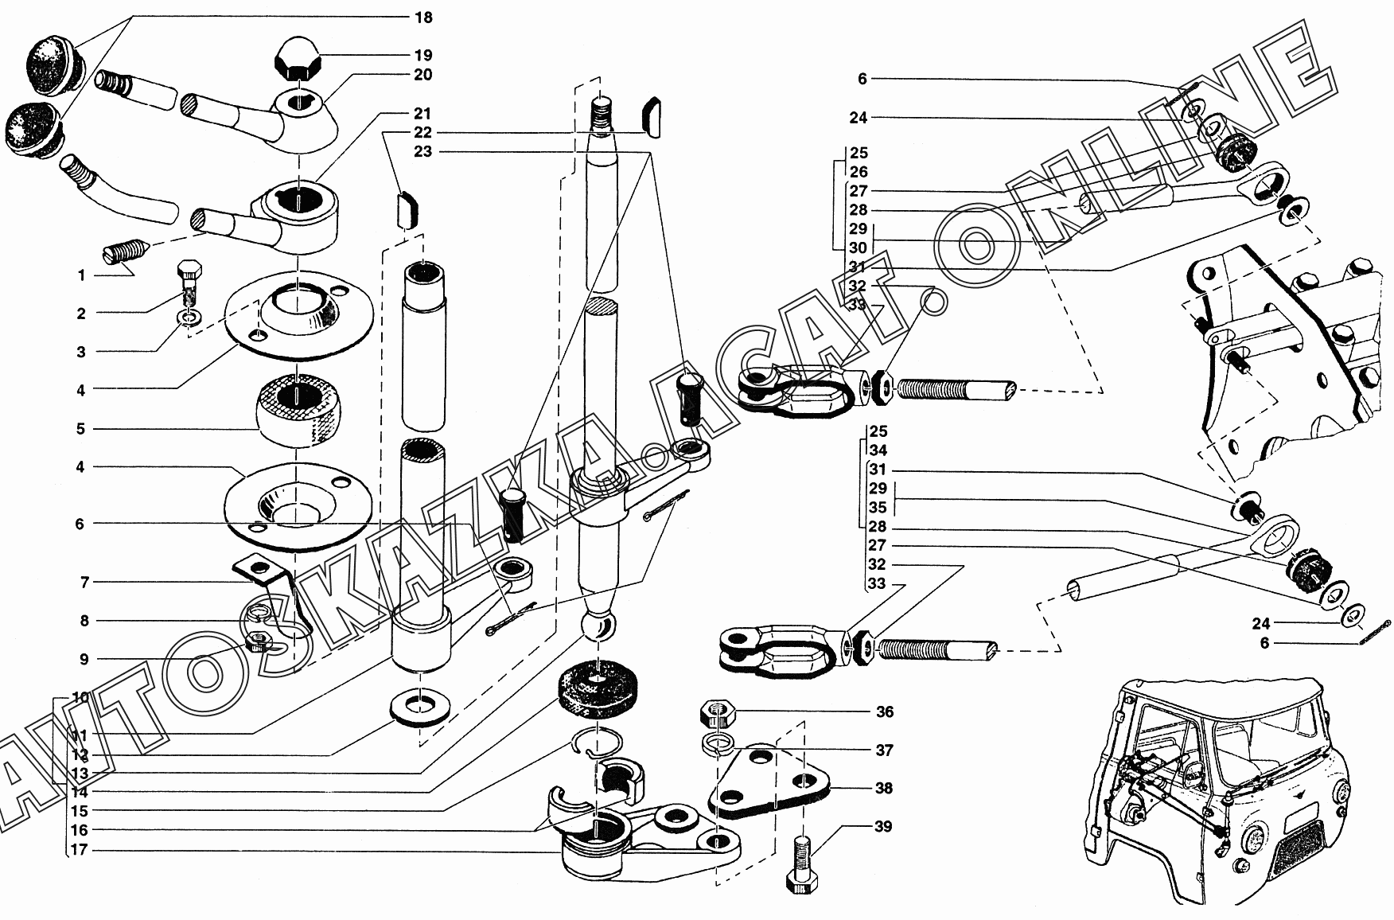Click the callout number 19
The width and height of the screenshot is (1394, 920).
click(x=422, y=55)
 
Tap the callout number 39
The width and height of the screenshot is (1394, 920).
click(x=884, y=826)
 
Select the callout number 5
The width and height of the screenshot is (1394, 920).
click(x=80, y=429)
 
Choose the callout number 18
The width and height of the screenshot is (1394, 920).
click(x=422, y=17)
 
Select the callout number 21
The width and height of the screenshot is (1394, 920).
click(x=422, y=113)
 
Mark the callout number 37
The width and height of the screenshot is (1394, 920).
click(x=884, y=750)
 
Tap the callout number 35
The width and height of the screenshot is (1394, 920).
click(x=878, y=508)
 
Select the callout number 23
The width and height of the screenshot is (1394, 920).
click(x=422, y=151)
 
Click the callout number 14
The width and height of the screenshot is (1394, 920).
click(x=80, y=792)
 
